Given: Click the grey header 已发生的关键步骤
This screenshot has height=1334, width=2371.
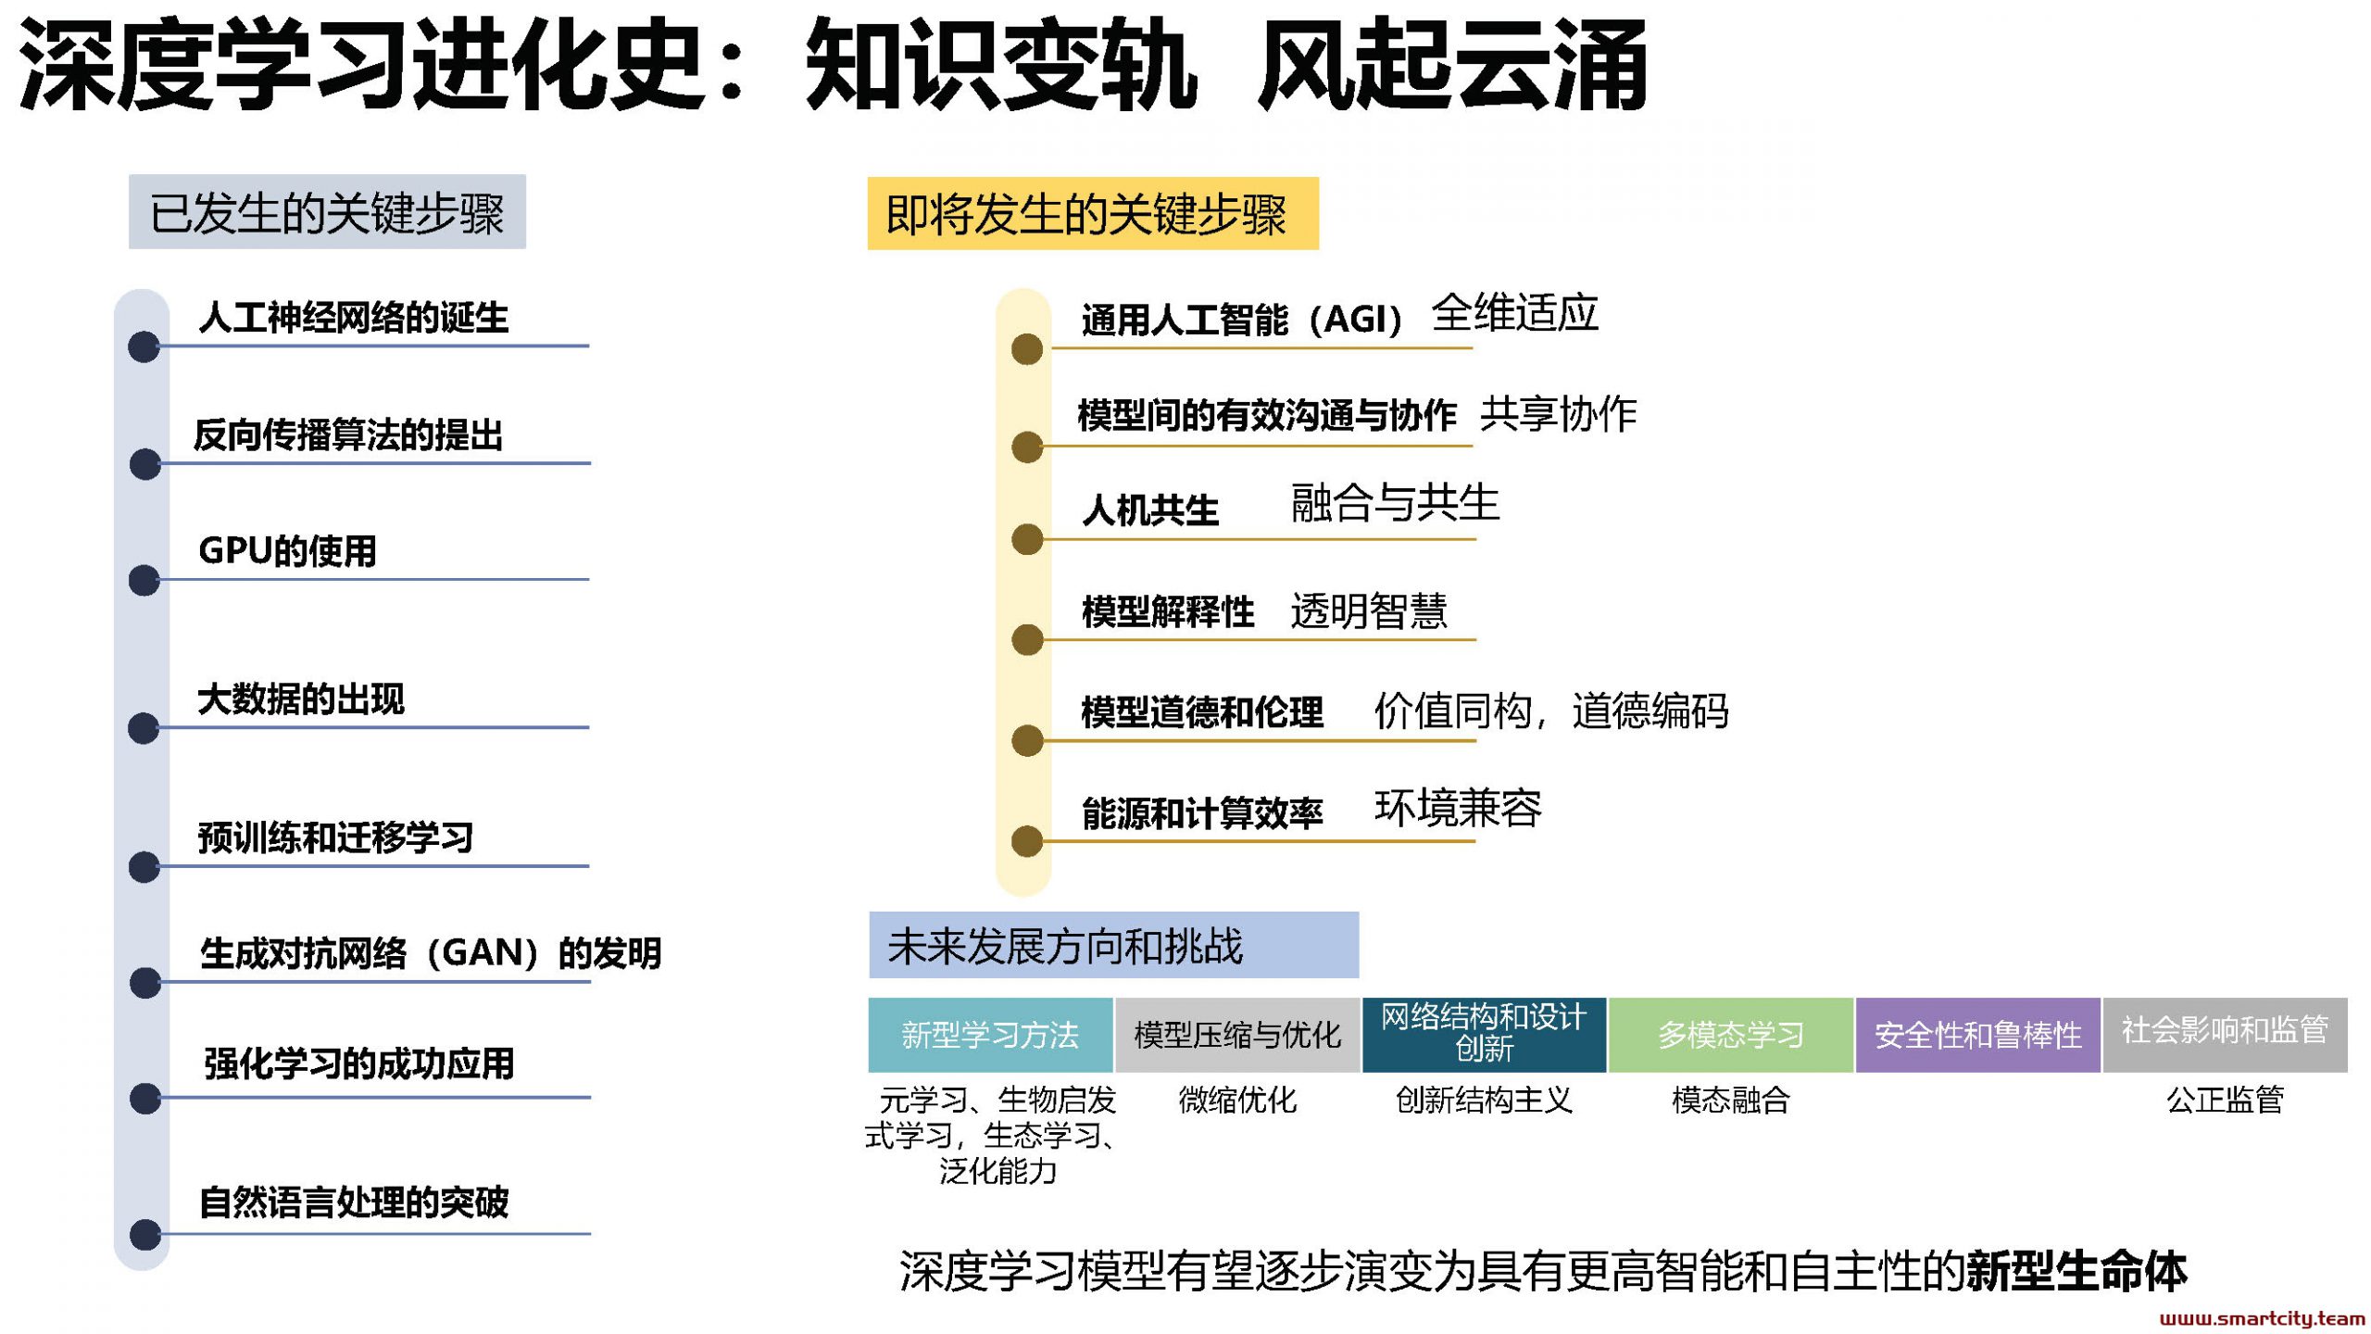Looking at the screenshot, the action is tap(327, 211).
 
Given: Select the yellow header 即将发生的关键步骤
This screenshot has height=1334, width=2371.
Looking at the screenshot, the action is tap(1092, 213).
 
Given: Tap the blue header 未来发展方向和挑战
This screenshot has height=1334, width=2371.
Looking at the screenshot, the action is tap(1113, 945).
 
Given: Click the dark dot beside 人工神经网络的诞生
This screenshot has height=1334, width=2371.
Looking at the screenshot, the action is tap(144, 347).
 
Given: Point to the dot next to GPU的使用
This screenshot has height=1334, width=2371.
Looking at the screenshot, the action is tap(144, 581).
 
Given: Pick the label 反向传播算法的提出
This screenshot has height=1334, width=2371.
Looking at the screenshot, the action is tap(348, 434).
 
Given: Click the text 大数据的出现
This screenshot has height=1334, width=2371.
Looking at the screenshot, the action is tap(301, 698).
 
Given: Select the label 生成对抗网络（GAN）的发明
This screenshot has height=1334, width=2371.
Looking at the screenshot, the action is tap(431, 952).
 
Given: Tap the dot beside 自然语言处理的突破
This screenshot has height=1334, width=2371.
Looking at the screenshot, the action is tap(145, 1235).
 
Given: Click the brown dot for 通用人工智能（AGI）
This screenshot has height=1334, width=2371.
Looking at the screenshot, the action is tap(1027, 349).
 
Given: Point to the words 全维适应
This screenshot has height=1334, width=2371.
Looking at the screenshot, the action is tap(1515, 312).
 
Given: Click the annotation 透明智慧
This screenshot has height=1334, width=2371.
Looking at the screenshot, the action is tap(1369, 610).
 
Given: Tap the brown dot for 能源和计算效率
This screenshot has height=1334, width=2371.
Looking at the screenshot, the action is tap(1027, 841).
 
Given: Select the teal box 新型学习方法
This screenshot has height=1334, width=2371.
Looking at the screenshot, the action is tap(990, 1035).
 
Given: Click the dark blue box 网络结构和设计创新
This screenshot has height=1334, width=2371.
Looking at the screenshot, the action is tap(1485, 1035).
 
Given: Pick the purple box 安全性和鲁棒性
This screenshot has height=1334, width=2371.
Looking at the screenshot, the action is tap(1977, 1035).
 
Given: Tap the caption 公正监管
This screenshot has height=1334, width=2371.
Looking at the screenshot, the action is tap(2225, 1100).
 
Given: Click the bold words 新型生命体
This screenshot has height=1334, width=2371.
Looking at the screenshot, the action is tap(2076, 1271).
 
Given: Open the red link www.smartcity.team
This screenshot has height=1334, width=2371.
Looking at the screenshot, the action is tap(2262, 1318).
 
